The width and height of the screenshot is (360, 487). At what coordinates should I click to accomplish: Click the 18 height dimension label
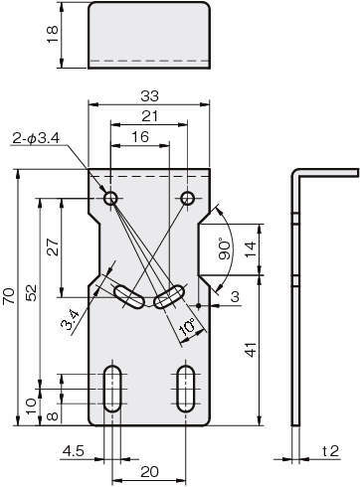(x=53, y=35)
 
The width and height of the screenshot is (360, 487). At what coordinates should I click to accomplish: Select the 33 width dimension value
(x=149, y=96)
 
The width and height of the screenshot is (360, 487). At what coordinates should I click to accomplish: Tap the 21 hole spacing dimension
(x=149, y=116)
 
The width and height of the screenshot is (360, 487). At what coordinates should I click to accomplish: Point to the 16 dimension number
(x=140, y=137)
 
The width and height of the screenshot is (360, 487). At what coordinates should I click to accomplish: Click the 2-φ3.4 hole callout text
(x=36, y=138)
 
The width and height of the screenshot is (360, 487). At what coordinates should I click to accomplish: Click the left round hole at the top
(x=110, y=199)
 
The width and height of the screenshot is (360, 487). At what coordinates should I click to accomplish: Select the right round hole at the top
(x=188, y=199)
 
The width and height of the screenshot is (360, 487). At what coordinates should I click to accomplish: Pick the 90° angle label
(x=225, y=250)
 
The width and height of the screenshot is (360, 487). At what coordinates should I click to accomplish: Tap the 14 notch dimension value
(x=251, y=250)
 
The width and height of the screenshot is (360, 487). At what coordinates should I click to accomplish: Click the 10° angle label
(x=187, y=329)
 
